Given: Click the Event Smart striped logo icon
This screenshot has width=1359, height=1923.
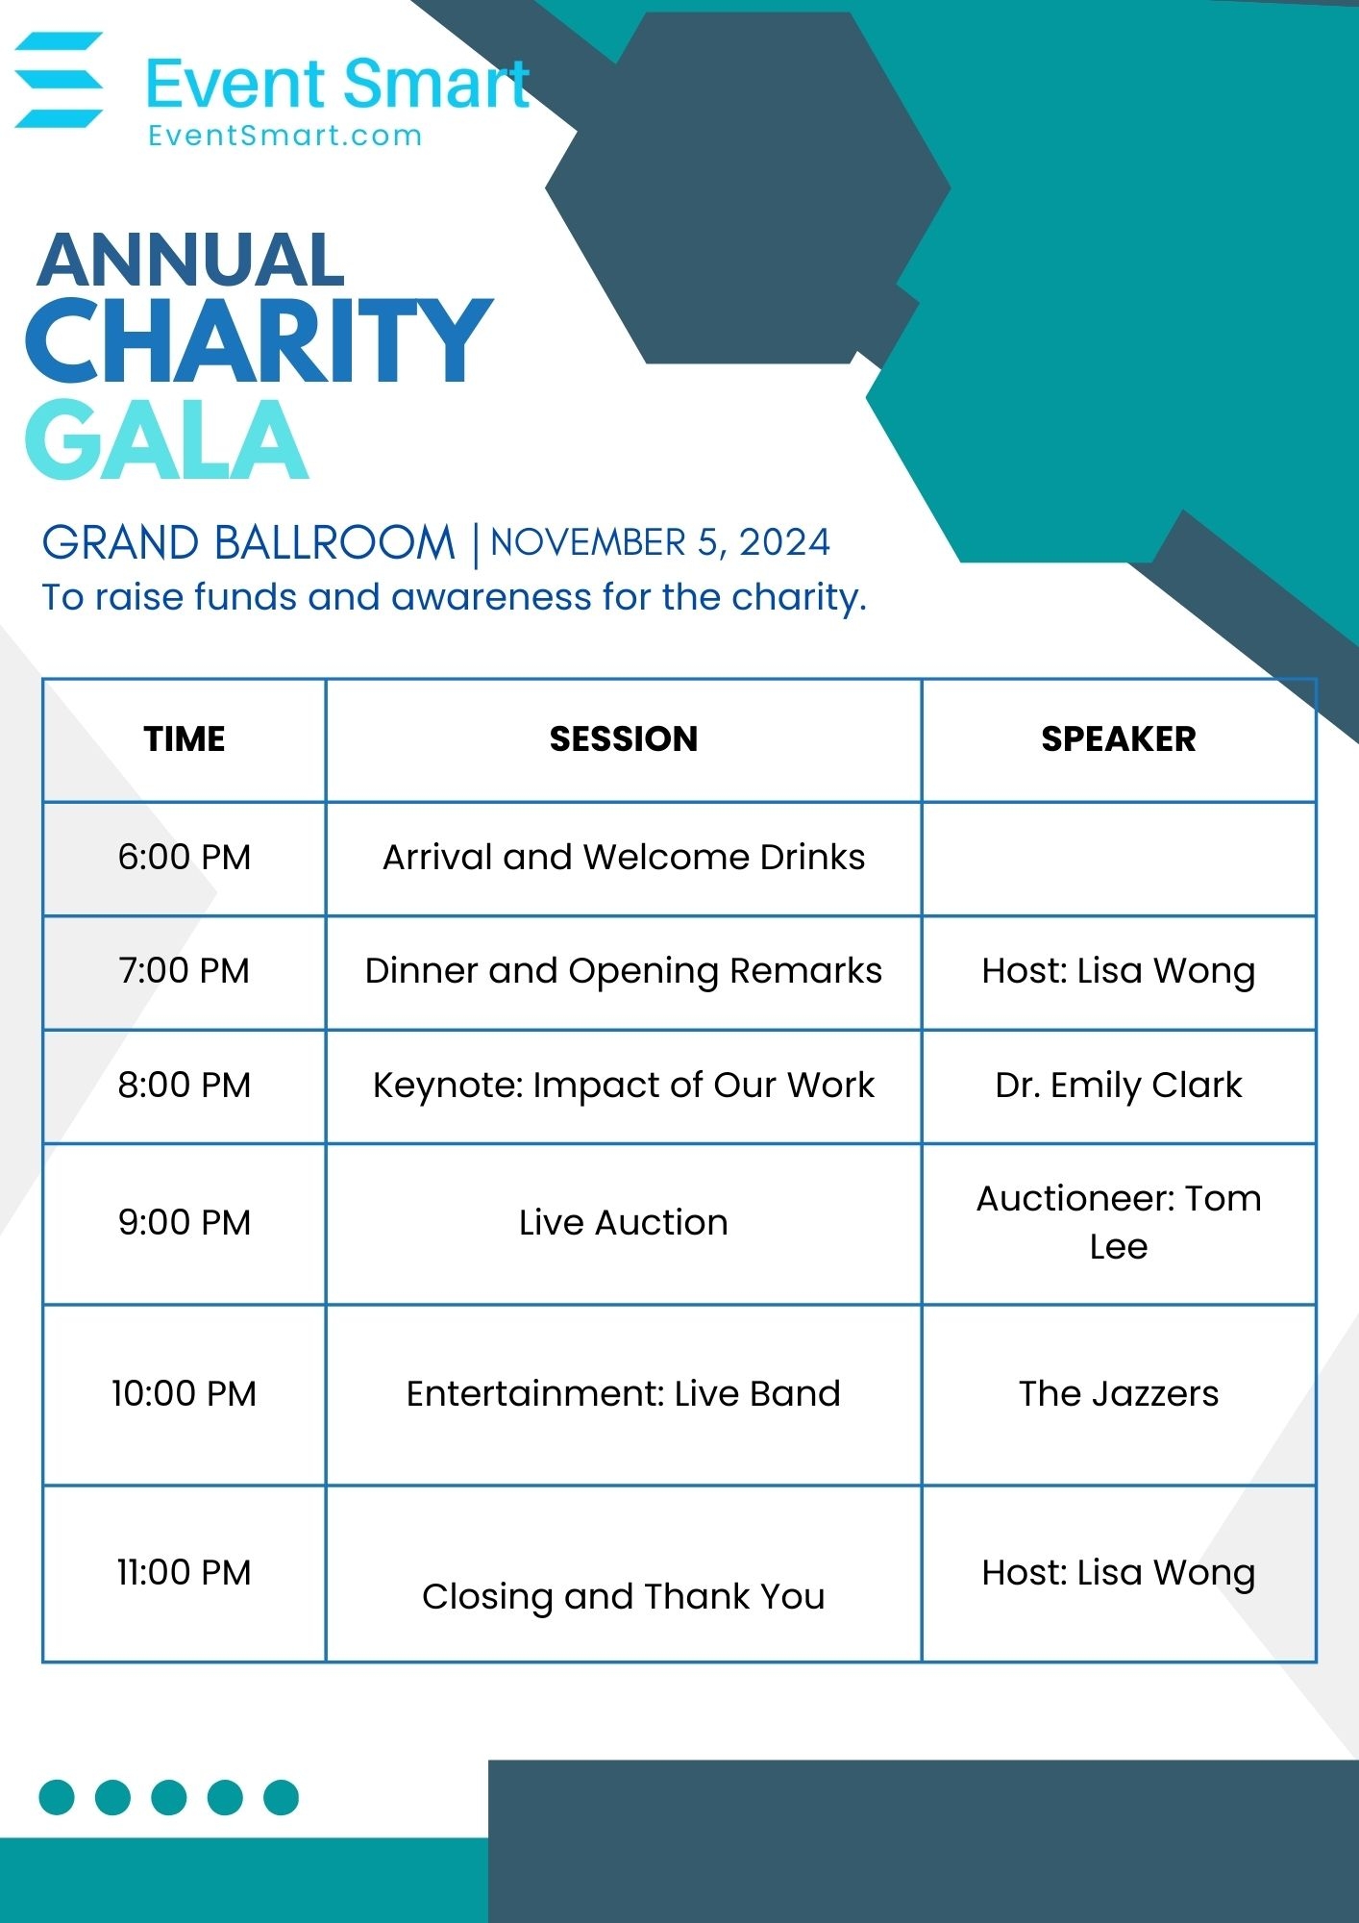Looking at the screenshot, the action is pos(60,80).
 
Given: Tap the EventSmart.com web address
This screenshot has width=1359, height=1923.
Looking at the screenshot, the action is pos(284,136).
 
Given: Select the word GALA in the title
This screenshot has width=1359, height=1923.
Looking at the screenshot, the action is pos(166,439).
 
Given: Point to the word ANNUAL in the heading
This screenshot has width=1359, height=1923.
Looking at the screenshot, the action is pos(190,260).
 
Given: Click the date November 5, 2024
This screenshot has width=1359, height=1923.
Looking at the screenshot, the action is pos(660,543).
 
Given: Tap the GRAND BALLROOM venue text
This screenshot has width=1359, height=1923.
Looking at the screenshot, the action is pos(248,543).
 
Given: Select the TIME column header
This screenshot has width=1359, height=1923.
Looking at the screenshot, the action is pos(185,738).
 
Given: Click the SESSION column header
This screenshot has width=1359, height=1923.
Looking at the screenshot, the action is pos(624,738).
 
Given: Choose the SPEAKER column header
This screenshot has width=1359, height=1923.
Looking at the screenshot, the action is pos(1119,738).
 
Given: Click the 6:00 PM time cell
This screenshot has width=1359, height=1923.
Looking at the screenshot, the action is pos(185,857).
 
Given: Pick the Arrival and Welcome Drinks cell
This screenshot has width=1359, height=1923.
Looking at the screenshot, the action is pos(624,857).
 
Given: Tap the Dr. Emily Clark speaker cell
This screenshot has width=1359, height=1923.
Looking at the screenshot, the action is pos(1119,1085).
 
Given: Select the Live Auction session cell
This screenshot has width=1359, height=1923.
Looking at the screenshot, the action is pos(624,1222).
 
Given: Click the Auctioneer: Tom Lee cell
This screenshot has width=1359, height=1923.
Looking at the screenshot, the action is pos(1119,1222).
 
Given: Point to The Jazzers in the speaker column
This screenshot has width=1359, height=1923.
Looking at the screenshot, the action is pos(1119,1393).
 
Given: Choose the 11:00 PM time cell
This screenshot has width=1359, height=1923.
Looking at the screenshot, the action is pos(185,1572).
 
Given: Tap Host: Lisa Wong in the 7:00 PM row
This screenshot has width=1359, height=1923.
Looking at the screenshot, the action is pos(1119,971).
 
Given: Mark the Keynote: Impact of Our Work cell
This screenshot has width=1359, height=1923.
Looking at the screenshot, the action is pos(624,1085).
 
